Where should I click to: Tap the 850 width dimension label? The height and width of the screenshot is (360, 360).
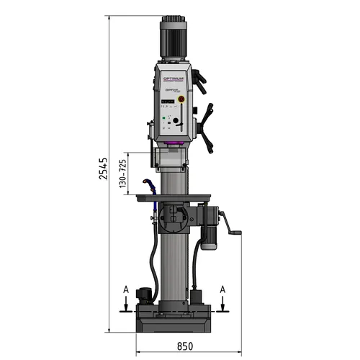(187, 346)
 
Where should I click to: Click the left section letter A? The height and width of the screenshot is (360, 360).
(126, 289)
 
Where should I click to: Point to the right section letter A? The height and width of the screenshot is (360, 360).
(224, 289)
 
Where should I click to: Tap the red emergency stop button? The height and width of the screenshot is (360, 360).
(181, 100)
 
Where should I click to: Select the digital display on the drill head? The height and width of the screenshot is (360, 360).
(166, 102)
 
